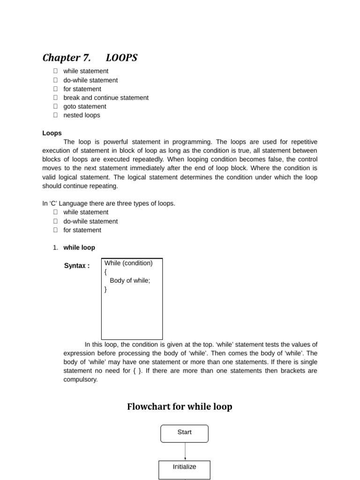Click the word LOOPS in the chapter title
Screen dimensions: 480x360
pyautogui.click(x=121, y=58)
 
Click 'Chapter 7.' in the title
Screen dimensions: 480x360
pyautogui.click(x=67, y=58)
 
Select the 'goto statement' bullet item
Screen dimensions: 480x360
pyautogui.click(x=85, y=106)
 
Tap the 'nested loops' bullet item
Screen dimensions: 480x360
pyautogui.click(x=82, y=115)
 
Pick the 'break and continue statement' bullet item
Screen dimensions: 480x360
pyautogui.click(x=106, y=97)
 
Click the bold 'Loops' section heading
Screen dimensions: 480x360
pyautogui.click(x=52, y=133)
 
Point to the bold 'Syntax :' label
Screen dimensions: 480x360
pyautogui.click(x=77, y=266)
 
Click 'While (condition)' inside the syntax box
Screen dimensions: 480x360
pyautogui.click(x=128, y=263)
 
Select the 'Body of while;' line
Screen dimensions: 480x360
pyautogui.click(x=130, y=281)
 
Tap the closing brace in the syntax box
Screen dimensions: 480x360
pyautogui.click(x=106, y=290)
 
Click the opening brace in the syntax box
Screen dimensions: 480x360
pyautogui.click(x=106, y=272)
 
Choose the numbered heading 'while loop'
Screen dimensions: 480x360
pyautogui.click(x=79, y=247)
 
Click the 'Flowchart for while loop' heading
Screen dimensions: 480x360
pyautogui.click(x=180, y=406)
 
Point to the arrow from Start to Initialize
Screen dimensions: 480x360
pyautogui.click(x=185, y=451)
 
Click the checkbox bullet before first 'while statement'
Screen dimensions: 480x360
pyautogui.click(x=55, y=71)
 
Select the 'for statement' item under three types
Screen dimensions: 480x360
pyautogui.click(x=82, y=230)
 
